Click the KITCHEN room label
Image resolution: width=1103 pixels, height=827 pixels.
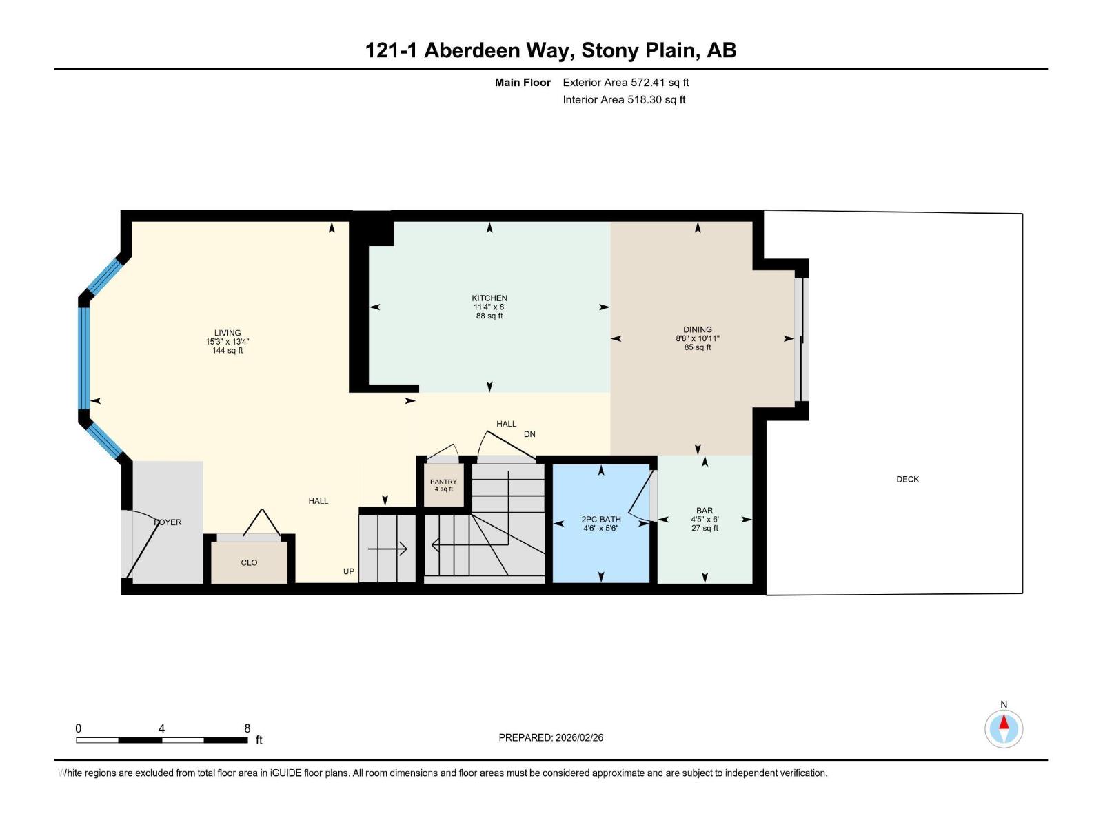pyautogui.click(x=489, y=298)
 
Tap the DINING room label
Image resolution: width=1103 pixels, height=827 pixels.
pyautogui.click(x=698, y=329)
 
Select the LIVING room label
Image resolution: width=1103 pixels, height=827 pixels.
pyautogui.click(x=227, y=333)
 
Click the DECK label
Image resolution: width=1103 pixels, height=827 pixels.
pyautogui.click(x=907, y=479)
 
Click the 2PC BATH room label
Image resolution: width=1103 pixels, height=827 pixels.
pyautogui.click(x=600, y=519)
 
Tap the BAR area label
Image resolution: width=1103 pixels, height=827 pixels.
pyautogui.click(x=705, y=511)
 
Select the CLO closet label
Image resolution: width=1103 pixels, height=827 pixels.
pyautogui.click(x=249, y=562)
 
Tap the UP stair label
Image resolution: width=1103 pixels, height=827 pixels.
pyautogui.click(x=349, y=571)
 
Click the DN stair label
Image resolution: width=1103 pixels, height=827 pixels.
pyautogui.click(x=529, y=434)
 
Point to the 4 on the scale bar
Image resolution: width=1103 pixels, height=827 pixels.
pyautogui.click(x=161, y=728)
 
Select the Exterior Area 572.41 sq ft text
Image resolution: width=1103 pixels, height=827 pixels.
pyautogui.click(x=625, y=82)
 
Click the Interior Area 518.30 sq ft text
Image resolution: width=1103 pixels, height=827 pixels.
pyautogui.click(x=624, y=99)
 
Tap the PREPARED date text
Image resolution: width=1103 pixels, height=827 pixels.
pyautogui.click(x=551, y=737)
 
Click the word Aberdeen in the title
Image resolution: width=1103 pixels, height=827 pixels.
pyautogui.click(x=472, y=50)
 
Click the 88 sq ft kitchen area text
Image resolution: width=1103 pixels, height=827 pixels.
pyautogui.click(x=489, y=316)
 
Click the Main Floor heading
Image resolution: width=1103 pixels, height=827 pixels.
pyautogui.click(x=523, y=82)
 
